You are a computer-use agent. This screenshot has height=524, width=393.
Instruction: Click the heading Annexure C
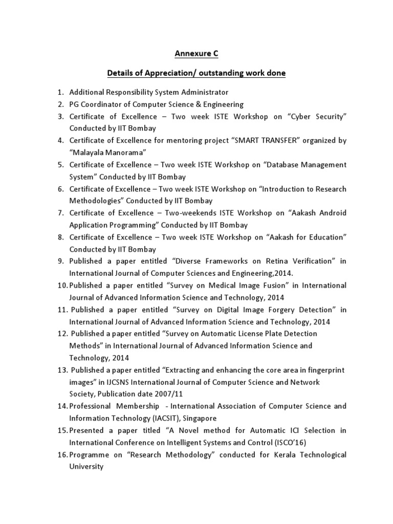[196, 53]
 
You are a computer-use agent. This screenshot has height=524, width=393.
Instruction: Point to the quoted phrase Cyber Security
[318, 117]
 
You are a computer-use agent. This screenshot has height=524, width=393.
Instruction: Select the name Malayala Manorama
[108, 152]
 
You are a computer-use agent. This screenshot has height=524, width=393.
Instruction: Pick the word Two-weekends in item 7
[183, 213]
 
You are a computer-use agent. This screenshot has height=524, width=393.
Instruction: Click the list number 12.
[62, 334]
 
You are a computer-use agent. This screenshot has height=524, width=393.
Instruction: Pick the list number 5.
[60, 165]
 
